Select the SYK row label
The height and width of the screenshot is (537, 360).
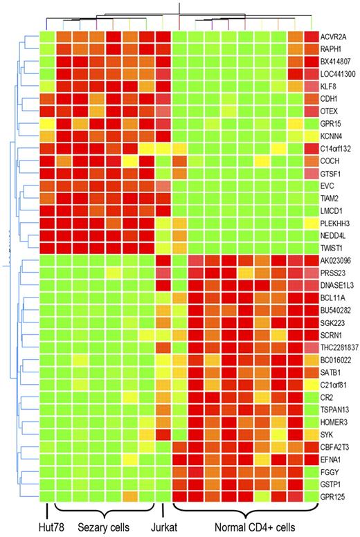(327, 434)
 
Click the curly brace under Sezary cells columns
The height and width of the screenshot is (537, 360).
(103, 512)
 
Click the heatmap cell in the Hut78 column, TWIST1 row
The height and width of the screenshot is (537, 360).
(46, 247)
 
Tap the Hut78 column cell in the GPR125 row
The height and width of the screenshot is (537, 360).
(46, 496)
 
